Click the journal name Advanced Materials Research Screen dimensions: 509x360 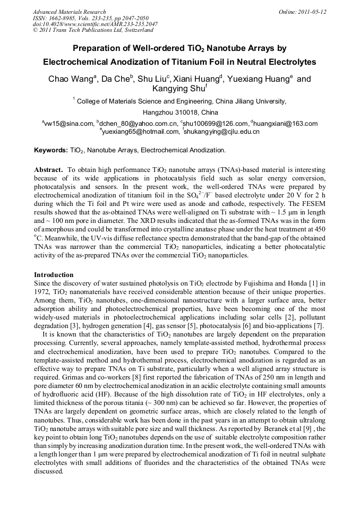point(69,12)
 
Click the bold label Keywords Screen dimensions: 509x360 point(50,150)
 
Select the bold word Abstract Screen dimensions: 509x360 point(48,170)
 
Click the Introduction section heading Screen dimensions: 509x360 point(54,274)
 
